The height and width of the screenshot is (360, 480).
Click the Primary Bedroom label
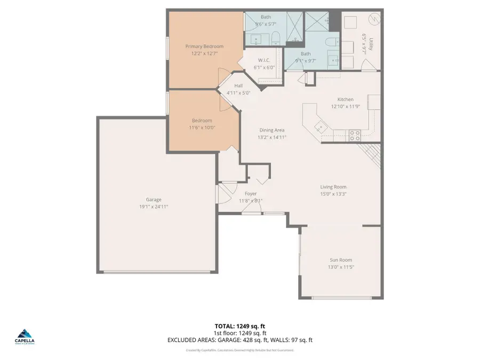[204, 46]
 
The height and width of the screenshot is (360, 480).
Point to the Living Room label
[333, 187]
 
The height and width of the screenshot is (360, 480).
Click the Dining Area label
[272, 130]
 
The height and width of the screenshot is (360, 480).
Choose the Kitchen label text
[345, 100]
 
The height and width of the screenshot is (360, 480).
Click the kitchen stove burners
[355, 135]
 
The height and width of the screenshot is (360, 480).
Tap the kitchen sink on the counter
[320, 126]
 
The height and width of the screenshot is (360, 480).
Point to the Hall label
[238, 85]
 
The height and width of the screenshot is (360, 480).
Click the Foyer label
[251, 194]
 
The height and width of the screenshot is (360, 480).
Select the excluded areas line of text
[240, 340]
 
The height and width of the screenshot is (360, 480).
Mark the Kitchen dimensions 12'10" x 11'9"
[345, 107]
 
